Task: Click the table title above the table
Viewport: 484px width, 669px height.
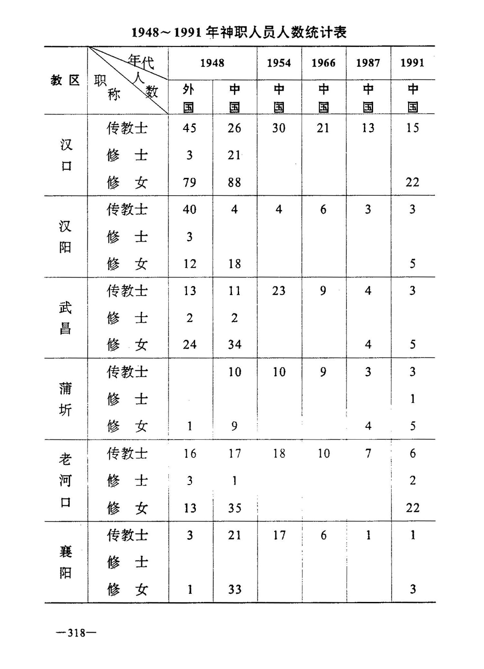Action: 239,33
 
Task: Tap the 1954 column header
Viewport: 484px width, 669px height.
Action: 279,63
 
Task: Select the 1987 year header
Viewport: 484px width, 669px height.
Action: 368,63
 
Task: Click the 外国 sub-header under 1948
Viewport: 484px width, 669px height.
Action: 189,98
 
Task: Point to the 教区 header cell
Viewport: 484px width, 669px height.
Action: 65,80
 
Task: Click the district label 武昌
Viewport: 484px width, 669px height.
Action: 65,318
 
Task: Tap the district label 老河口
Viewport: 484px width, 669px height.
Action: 65,480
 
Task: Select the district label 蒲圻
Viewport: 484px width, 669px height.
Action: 65,399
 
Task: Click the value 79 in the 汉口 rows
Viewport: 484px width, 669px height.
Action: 189,183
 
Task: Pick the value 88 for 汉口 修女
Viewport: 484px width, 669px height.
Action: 234,183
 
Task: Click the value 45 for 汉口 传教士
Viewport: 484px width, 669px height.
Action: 189,128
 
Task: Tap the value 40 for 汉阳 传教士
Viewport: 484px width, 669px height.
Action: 189,210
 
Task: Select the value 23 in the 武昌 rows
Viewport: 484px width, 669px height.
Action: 279,291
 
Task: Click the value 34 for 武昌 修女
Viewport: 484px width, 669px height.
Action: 235,345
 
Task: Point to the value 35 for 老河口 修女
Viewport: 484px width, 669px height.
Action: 235,508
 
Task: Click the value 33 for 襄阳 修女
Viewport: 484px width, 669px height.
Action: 235,589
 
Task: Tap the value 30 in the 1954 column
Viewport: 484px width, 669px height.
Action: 279,128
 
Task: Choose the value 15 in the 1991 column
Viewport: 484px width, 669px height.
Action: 412,128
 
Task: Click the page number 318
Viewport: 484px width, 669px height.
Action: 76,633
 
